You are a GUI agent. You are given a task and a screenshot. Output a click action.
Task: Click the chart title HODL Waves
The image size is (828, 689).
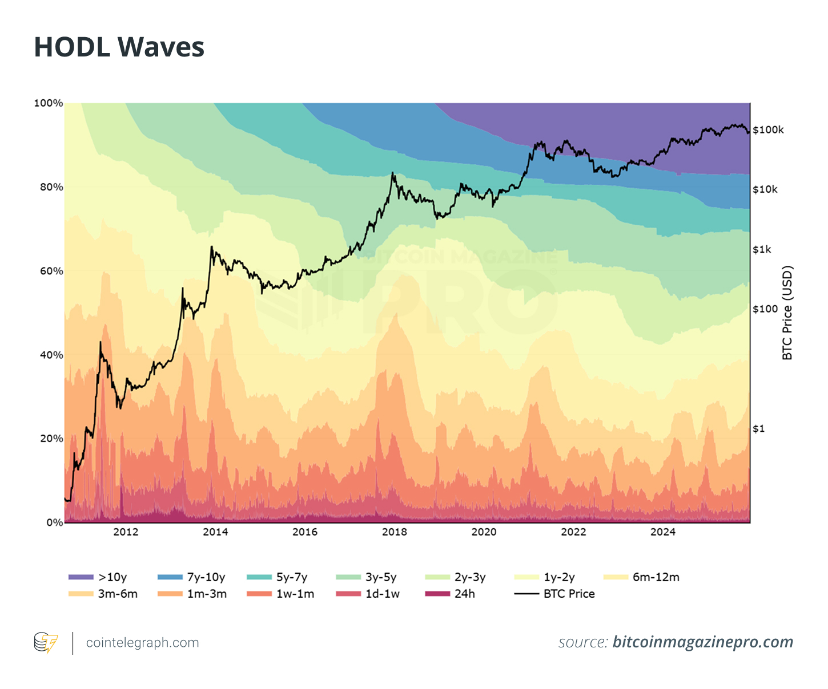(x=119, y=47)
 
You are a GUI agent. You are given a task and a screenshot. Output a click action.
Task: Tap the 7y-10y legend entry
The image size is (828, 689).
(x=191, y=577)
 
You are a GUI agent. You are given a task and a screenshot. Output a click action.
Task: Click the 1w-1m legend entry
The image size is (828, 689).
(x=280, y=594)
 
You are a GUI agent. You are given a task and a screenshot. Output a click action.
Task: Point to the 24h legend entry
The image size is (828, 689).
(x=451, y=594)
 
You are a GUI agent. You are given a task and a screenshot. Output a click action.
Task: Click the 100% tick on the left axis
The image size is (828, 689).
(x=49, y=103)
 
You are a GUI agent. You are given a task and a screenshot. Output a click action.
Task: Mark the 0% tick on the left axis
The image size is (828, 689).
(x=54, y=522)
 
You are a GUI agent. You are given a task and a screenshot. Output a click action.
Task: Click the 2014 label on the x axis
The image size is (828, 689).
(x=215, y=532)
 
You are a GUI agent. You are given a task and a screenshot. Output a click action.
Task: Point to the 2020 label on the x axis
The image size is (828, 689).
(x=484, y=532)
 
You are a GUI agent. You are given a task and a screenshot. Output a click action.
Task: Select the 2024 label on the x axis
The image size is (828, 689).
(x=663, y=532)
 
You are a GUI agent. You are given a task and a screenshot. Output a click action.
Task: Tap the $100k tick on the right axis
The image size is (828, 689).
(x=768, y=130)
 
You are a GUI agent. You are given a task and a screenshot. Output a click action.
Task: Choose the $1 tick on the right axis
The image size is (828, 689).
(x=758, y=429)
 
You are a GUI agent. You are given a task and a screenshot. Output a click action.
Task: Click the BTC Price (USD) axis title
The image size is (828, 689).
(x=787, y=313)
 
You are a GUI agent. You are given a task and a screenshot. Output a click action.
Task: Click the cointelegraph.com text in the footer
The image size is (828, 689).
(x=142, y=643)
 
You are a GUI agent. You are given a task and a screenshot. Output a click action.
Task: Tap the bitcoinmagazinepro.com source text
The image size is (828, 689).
(x=703, y=642)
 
